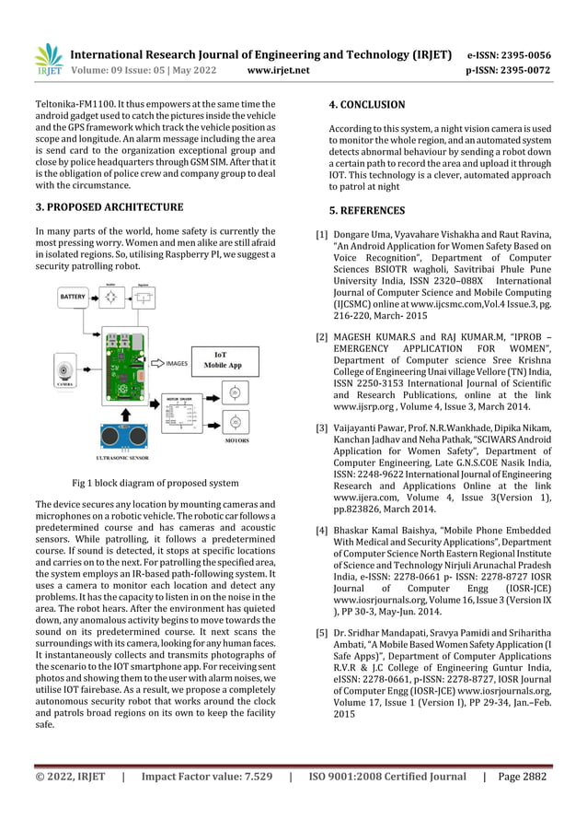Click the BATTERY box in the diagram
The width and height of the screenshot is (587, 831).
click(x=75, y=298)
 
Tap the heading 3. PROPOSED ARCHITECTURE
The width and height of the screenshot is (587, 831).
click(x=109, y=206)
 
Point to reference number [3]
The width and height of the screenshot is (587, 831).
click(x=322, y=428)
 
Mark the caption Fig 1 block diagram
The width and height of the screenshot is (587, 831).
click(x=155, y=483)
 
